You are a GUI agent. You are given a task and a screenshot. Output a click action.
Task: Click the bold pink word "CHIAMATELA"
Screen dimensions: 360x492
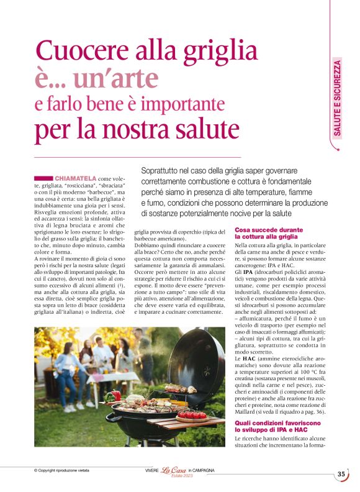(x=74, y=178)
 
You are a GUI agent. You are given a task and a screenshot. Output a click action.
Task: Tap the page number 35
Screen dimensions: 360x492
(x=341, y=474)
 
